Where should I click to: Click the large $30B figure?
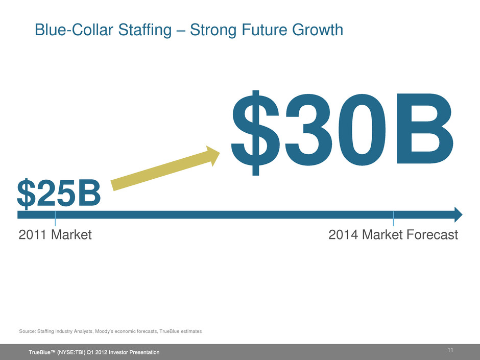click(342, 133)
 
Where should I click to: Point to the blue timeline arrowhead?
click(458, 214)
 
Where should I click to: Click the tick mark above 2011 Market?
click(55, 219)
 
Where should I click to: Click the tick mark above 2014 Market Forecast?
click(393, 219)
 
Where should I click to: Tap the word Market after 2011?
click(71, 235)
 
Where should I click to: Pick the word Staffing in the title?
click(145, 31)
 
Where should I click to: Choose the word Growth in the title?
click(317, 30)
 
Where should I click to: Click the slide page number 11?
click(450, 350)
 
